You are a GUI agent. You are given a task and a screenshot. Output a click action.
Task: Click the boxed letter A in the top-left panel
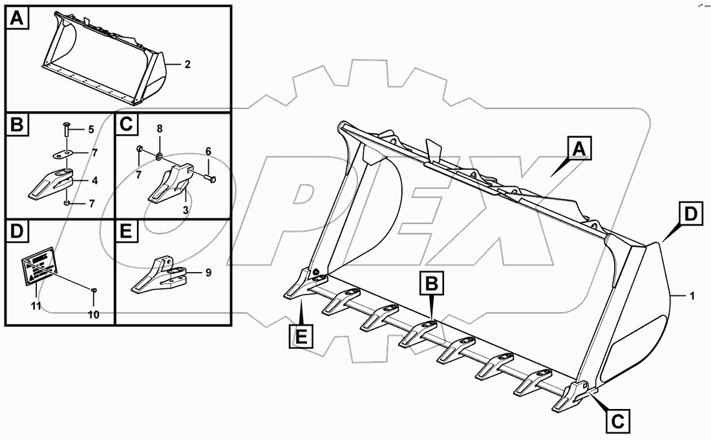click(x=17, y=19)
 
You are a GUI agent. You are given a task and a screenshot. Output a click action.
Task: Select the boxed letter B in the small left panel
click(x=17, y=125)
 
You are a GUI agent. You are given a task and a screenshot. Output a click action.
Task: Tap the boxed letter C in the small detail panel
click(x=126, y=125)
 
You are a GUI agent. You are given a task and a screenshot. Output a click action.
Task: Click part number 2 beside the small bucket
click(x=187, y=64)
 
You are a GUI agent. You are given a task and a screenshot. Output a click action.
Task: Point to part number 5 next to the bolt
click(x=91, y=129)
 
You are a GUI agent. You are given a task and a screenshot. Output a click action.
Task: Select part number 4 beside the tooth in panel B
click(x=94, y=182)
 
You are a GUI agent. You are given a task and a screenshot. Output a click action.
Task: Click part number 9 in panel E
click(x=208, y=273)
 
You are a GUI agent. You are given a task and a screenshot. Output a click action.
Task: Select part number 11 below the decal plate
click(x=37, y=305)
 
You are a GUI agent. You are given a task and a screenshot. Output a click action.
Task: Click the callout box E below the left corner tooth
click(x=301, y=337)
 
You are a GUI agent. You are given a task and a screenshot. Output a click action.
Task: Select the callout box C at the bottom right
click(x=618, y=421)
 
